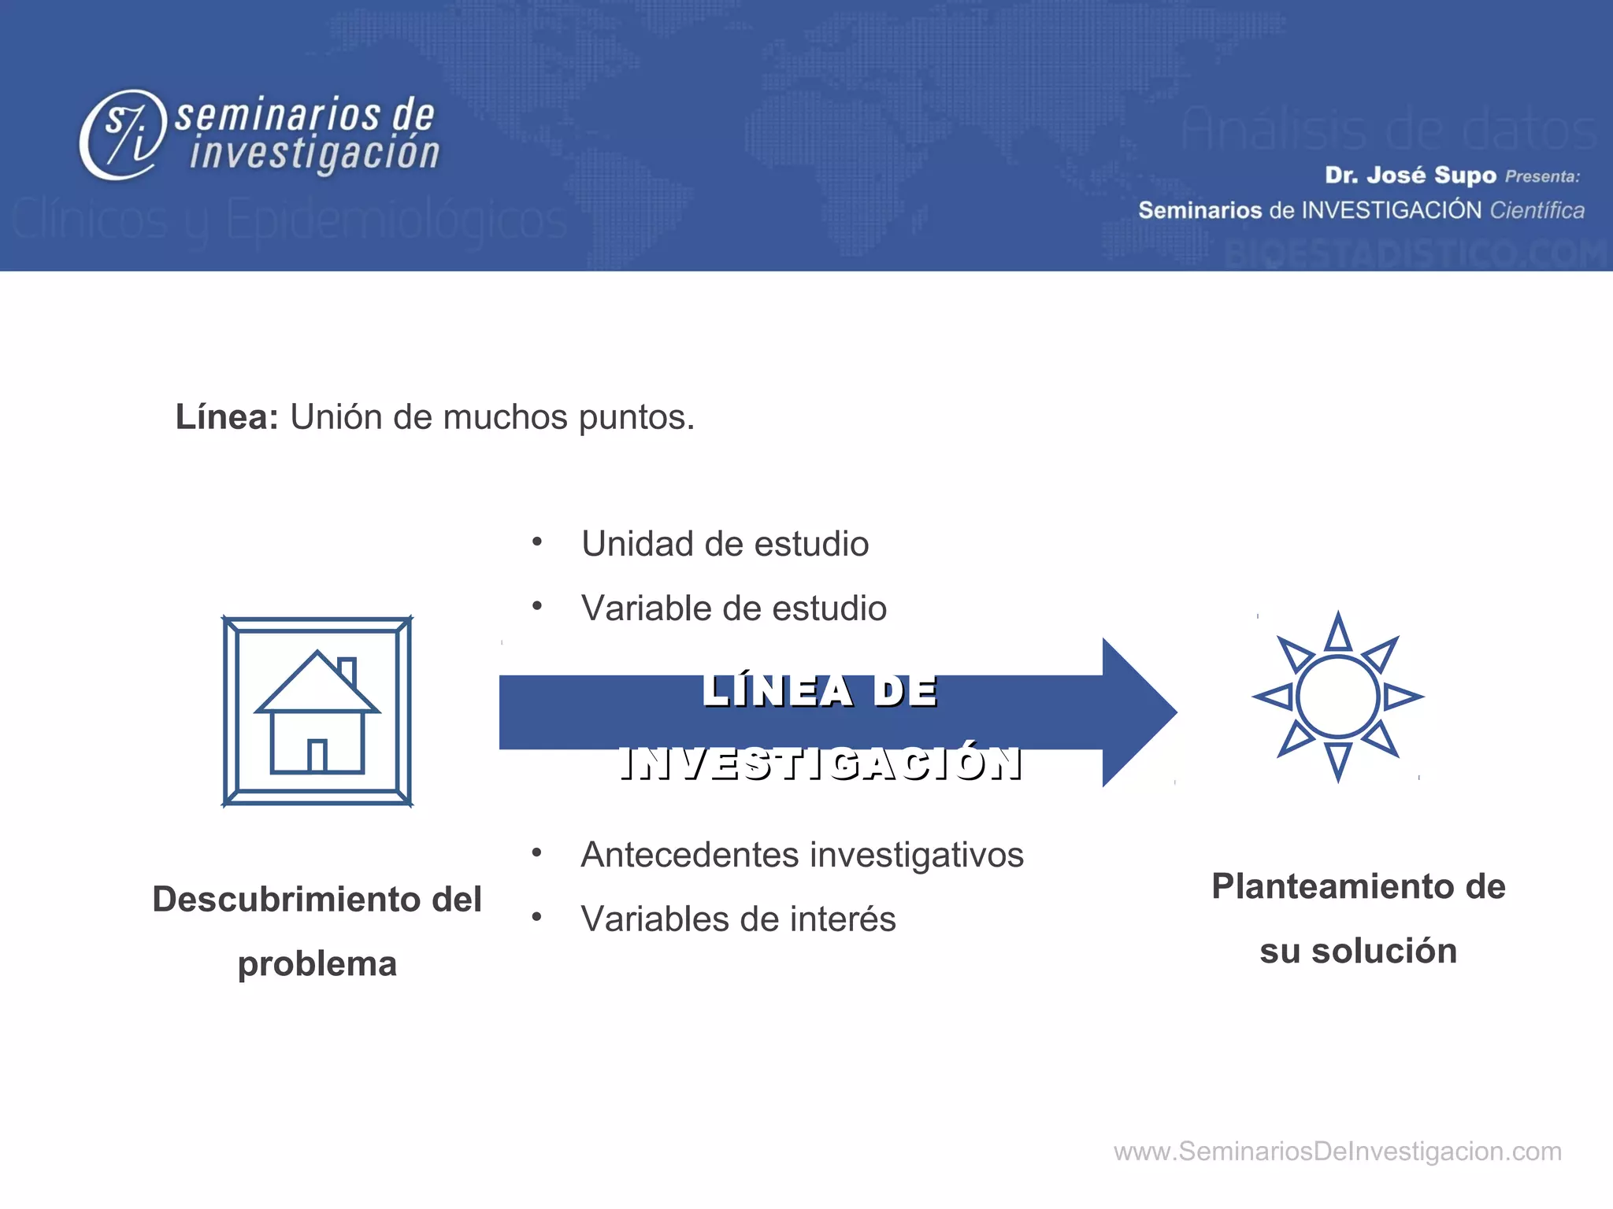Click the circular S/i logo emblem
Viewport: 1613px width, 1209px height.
pos(124,135)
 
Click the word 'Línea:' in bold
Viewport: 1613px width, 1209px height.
pos(227,417)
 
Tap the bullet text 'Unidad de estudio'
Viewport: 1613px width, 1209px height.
pos(725,544)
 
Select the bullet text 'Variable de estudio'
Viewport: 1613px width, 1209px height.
pos(733,608)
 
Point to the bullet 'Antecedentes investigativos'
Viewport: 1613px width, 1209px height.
pos(802,855)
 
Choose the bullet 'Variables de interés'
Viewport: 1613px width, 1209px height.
pos(738,919)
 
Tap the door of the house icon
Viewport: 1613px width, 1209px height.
pos(317,756)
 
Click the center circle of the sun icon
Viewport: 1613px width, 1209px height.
pos(1337,697)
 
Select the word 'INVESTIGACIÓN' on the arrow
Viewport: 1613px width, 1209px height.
pos(821,763)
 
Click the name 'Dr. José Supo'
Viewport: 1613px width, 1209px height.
pos(1410,175)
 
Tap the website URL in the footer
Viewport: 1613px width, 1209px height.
pos(1337,1152)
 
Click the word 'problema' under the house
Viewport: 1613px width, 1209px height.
pos(317,964)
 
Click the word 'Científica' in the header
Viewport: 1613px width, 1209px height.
pos(1537,210)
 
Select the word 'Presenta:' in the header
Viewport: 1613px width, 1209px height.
pos(1542,176)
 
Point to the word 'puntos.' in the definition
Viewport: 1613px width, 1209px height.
pos(636,418)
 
